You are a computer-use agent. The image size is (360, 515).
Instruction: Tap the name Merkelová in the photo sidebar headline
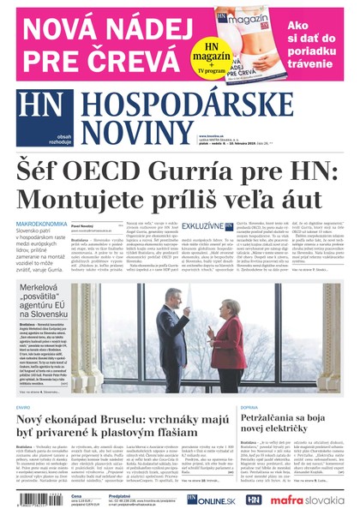(45, 288)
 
